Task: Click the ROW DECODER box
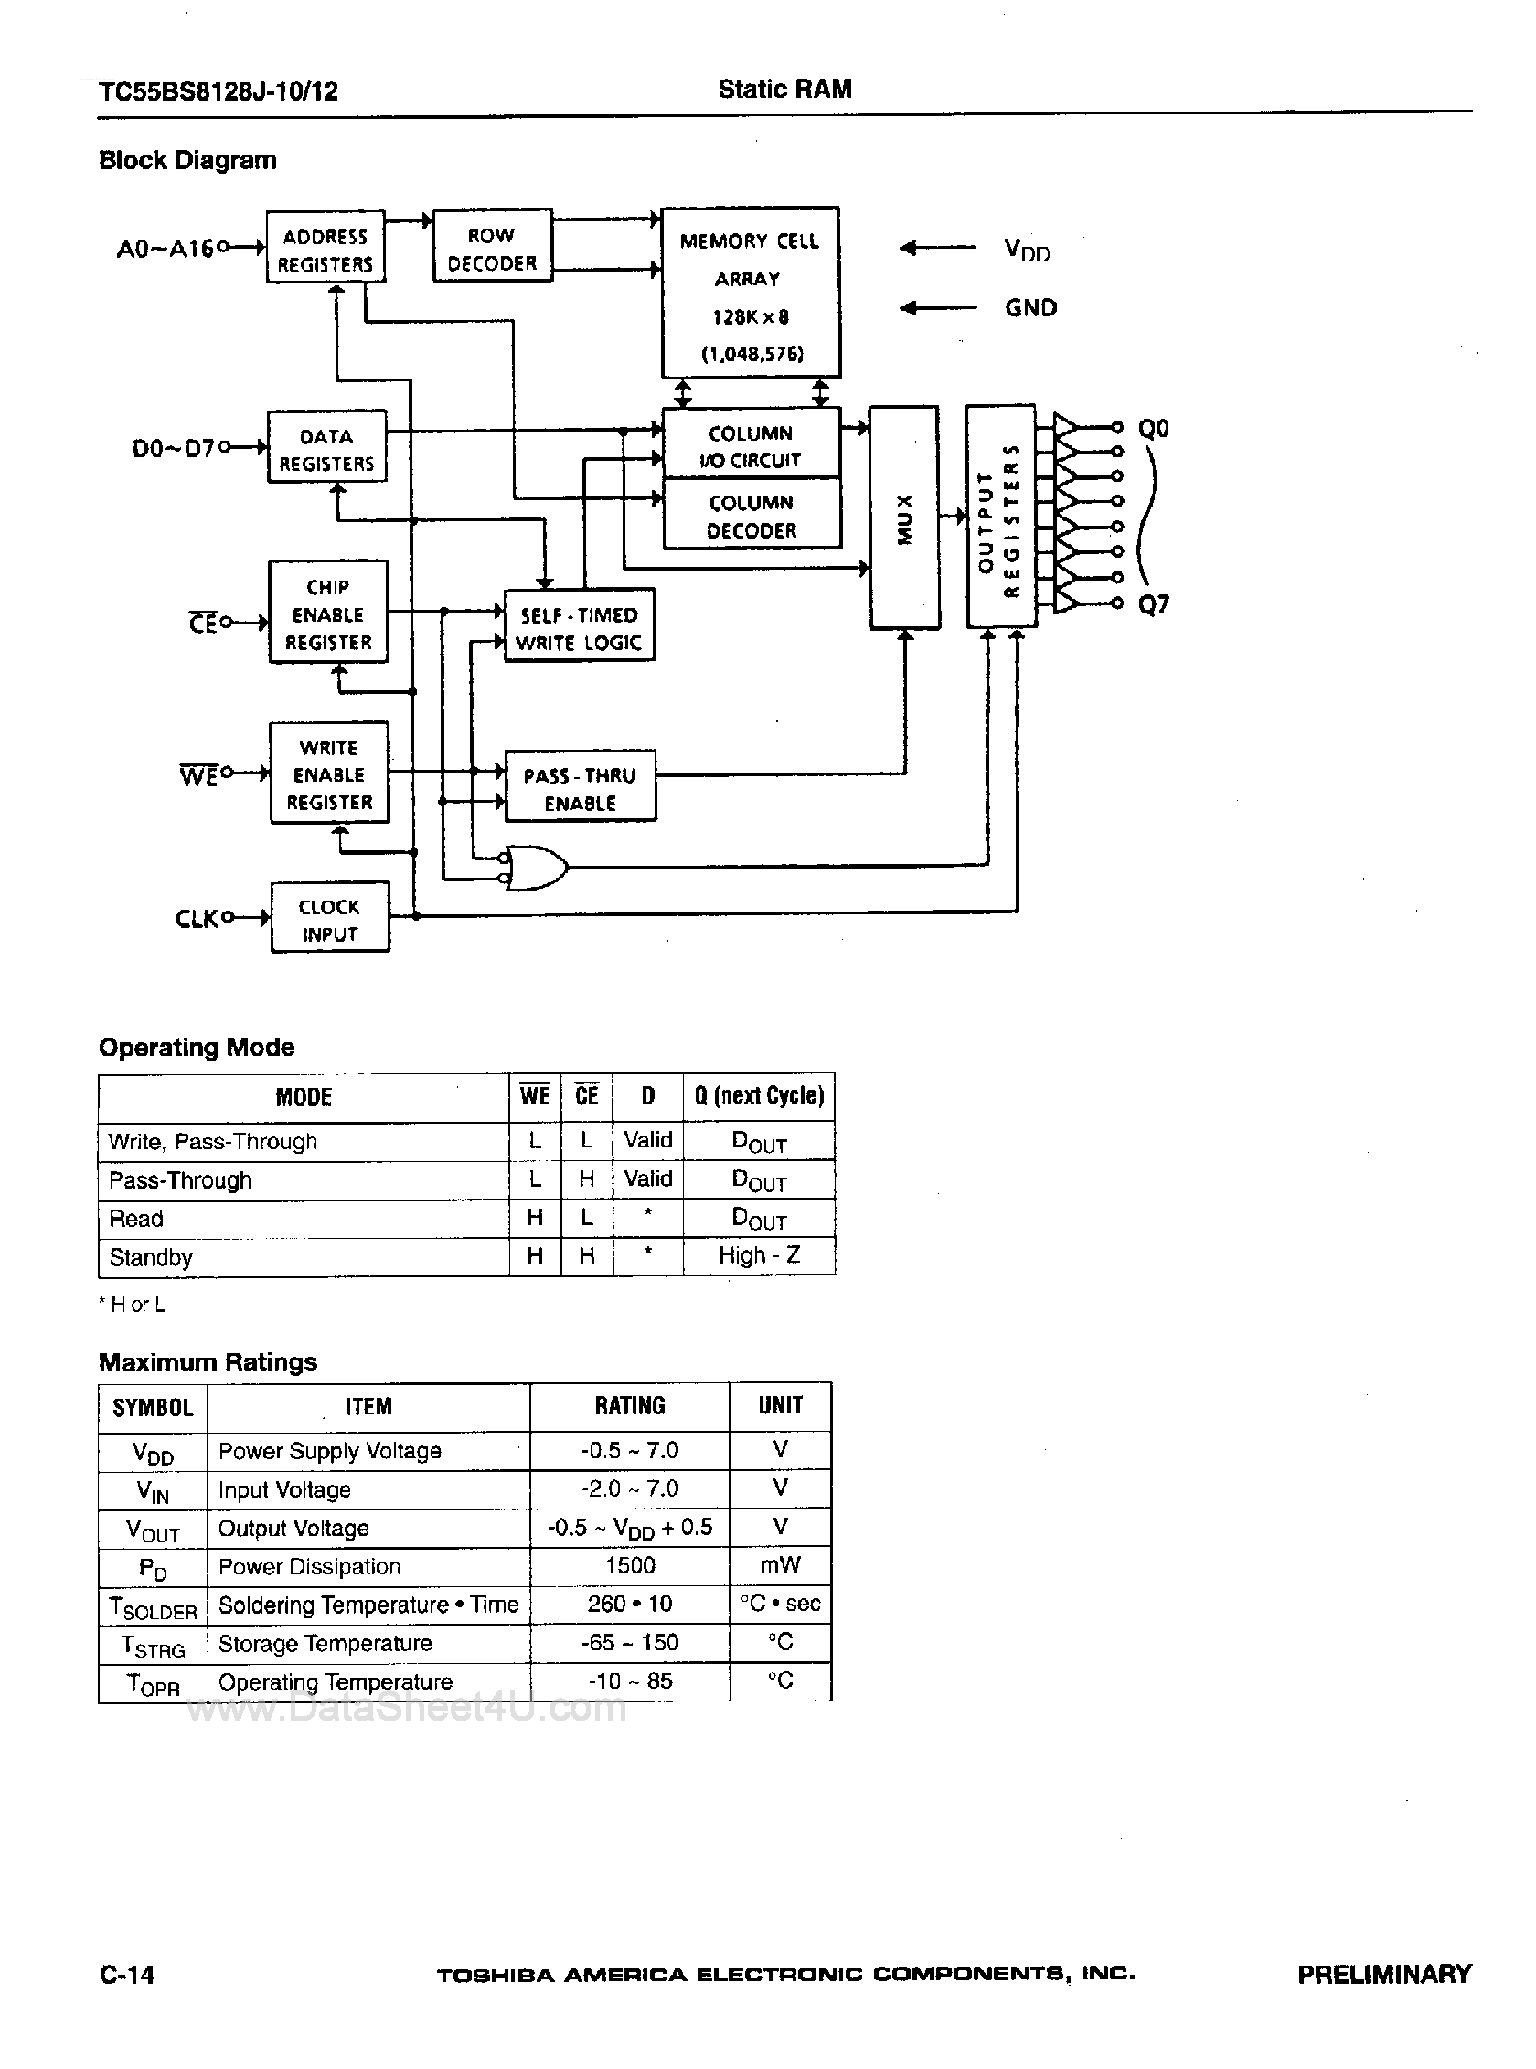pyautogui.click(x=492, y=248)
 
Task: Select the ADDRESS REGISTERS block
pyautogui.click(x=325, y=250)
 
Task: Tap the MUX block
pyautogui.click(x=903, y=517)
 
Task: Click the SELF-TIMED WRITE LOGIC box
pyautogui.click(x=579, y=628)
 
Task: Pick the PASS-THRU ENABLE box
pyautogui.click(x=580, y=787)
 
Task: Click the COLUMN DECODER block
pyautogui.click(x=752, y=515)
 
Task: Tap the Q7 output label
pyautogui.click(x=1153, y=604)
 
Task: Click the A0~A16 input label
pyautogui.click(x=165, y=250)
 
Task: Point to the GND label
pyautogui.click(x=1030, y=308)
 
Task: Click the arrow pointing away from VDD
pyautogui.click(x=937, y=249)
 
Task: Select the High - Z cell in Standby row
pyautogui.click(x=759, y=1256)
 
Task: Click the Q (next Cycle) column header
pyautogui.click(x=759, y=1096)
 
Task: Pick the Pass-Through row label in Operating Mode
pyautogui.click(x=180, y=1180)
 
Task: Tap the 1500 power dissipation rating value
pyautogui.click(x=629, y=1565)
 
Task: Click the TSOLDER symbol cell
pyautogui.click(x=153, y=1605)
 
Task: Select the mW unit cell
pyautogui.click(x=779, y=1565)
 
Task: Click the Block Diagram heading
pyautogui.click(x=187, y=160)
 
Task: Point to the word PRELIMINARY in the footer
pyautogui.click(x=1383, y=1974)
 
